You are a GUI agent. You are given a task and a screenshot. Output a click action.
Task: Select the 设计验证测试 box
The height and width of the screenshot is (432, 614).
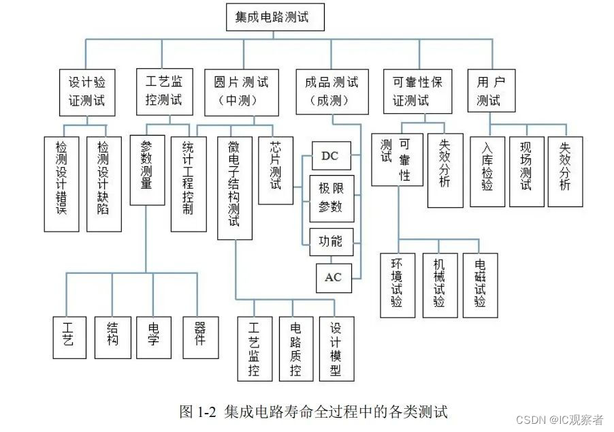[86, 91]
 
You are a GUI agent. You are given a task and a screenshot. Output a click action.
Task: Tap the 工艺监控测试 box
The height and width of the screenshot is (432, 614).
[164, 91]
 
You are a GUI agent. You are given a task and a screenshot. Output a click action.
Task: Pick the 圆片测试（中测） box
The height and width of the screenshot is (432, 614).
[241, 91]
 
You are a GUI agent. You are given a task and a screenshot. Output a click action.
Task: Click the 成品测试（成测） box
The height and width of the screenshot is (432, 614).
[331, 91]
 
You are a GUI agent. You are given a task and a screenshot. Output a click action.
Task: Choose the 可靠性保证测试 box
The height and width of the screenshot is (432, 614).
[417, 91]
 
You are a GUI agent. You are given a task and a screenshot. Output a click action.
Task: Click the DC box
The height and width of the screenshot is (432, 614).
[329, 157]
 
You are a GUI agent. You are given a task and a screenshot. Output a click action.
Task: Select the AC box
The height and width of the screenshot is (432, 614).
[333, 277]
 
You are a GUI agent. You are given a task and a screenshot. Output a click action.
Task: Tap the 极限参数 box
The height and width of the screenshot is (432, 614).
[331, 198]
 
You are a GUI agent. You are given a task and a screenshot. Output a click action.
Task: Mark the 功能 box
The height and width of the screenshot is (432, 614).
[331, 241]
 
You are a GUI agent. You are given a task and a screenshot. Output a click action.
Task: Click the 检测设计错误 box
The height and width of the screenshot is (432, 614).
[62, 183]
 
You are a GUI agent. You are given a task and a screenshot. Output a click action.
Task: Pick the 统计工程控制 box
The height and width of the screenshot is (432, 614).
[189, 183]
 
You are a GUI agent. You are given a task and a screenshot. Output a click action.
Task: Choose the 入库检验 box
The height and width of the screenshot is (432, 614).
[487, 171]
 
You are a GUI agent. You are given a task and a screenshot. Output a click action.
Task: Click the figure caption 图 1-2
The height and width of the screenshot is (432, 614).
[314, 412]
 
